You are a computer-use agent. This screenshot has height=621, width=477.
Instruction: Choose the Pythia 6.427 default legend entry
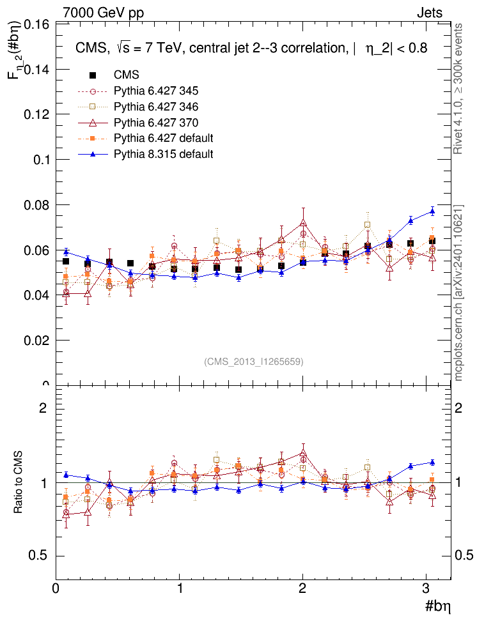coord(163,138)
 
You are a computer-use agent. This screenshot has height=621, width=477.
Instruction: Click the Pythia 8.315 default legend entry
coord(163,154)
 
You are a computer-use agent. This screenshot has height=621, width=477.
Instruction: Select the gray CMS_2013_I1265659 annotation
coord(254,362)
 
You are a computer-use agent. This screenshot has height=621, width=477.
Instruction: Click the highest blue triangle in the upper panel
coord(432,211)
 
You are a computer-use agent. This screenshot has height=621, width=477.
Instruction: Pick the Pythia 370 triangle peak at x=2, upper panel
coord(303,224)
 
